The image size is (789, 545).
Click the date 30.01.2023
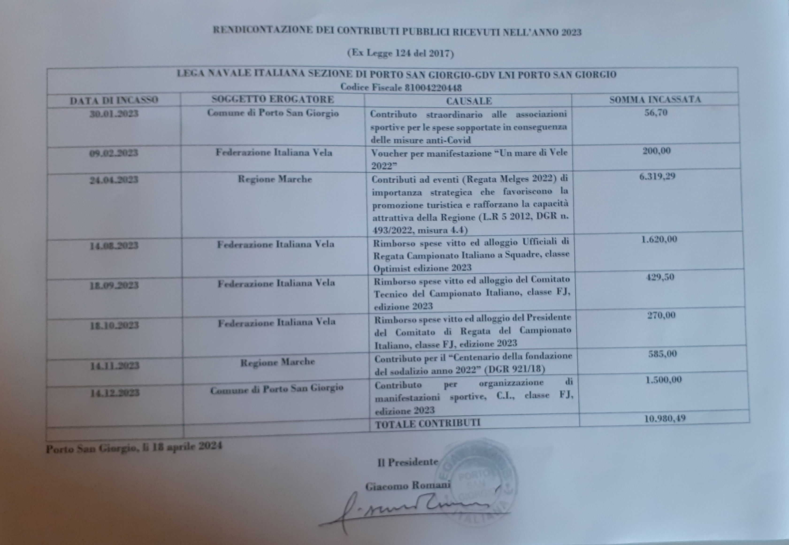(x=114, y=114)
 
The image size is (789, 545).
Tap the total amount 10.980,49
(x=665, y=418)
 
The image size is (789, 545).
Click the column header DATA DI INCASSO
(x=114, y=100)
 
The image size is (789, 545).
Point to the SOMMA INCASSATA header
(x=655, y=100)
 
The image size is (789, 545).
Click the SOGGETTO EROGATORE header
(x=272, y=99)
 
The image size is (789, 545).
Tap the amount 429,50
(x=660, y=277)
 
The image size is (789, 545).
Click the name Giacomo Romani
(x=408, y=486)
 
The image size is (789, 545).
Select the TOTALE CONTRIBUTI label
(x=427, y=423)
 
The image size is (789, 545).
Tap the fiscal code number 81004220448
(x=433, y=88)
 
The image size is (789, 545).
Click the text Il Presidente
(x=408, y=462)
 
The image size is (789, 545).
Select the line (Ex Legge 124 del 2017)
(x=400, y=53)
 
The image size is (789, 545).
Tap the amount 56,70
(x=655, y=113)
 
